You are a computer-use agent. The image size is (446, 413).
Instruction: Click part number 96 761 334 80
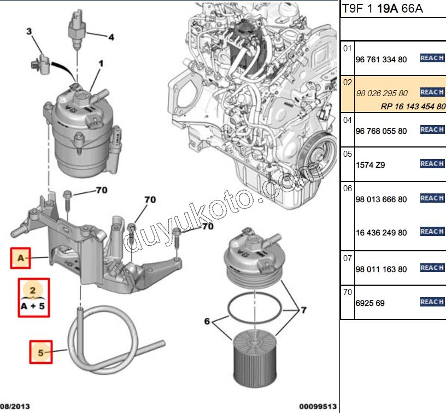(x=381, y=59)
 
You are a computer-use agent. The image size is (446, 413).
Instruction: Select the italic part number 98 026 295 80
(x=382, y=93)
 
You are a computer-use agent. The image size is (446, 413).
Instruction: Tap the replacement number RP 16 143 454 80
(x=413, y=107)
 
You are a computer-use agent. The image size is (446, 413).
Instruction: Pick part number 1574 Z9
(x=370, y=164)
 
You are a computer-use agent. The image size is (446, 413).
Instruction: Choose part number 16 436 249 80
(x=381, y=233)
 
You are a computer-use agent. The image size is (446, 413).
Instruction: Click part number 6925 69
(x=370, y=303)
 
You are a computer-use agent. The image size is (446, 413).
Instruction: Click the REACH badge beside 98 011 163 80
(x=431, y=268)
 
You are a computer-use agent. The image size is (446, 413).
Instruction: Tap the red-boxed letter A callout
(x=21, y=258)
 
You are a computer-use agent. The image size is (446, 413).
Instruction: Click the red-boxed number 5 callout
(x=40, y=352)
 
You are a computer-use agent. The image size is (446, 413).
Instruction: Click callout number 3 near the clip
(x=30, y=32)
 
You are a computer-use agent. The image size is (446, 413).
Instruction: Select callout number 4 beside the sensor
(x=111, y=38)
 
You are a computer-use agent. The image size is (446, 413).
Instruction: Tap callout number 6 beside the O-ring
(x=207, y=322)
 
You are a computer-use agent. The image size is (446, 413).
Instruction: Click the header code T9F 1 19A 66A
(x=382, y=9)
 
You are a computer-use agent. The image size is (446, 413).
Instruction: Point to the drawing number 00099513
(x=316, y=406)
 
